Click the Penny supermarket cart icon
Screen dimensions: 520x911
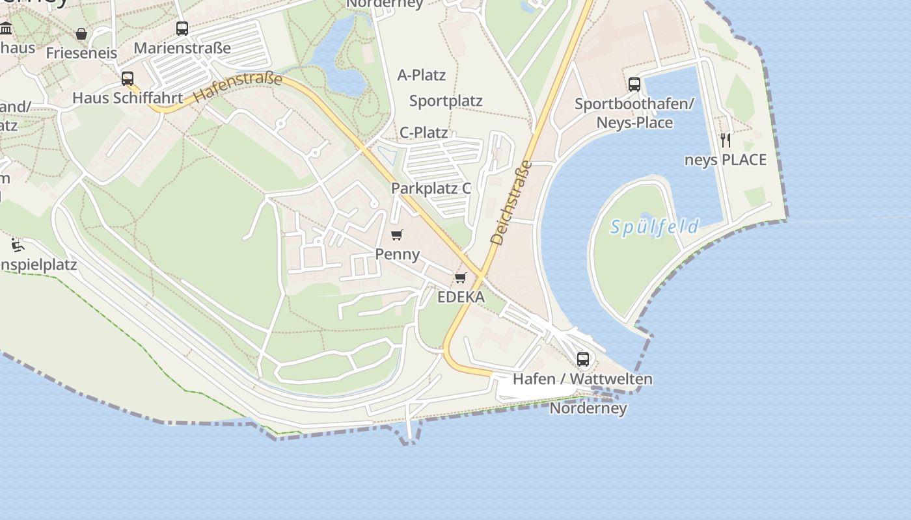tap(397, 235)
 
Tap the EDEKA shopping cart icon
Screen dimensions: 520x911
tap(461, 278)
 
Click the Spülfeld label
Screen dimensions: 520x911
tap(655, 227)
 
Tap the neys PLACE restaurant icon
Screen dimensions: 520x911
tap(726, 140)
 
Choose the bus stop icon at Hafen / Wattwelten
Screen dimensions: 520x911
tap(583, 359)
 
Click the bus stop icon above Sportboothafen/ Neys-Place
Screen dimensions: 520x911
tap(634, 84)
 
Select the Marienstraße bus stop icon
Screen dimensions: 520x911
tap(182, 29)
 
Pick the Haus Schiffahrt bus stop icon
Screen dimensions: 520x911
tap(128, 79)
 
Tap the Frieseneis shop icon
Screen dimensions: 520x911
tap(81, 34)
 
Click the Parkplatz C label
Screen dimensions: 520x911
tap(431, 188)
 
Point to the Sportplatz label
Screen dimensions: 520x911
tap(446, 101)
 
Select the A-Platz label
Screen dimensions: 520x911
tap(422, 75)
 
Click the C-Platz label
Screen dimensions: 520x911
tap(424, 133)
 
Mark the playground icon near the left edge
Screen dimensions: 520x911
tap(18, 246)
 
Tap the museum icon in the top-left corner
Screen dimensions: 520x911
tap(7, 28)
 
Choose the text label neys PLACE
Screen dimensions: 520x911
tap(726, 160)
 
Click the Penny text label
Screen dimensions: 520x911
tap(398, 254)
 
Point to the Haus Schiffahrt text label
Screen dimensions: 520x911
tap(128, 98)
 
